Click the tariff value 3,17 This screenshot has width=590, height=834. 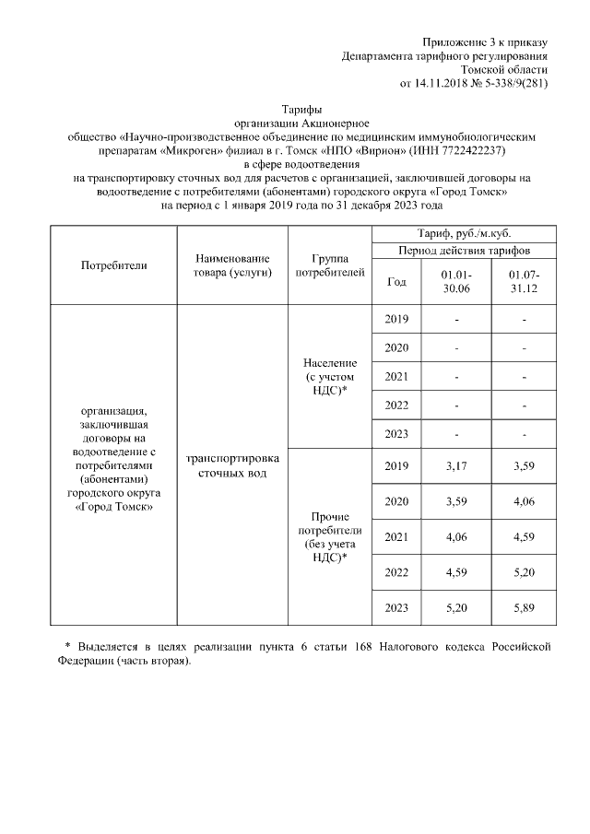(455, 468)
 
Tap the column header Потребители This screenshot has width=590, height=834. (114, 265)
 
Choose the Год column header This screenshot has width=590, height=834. (395, 282)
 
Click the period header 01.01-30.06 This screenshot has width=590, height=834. (456, 282)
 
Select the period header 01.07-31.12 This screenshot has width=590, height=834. (523, 282)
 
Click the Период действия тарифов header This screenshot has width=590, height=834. (463, 251)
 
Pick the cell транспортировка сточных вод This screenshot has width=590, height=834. (232, 465)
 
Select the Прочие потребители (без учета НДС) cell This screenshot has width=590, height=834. (329, 537)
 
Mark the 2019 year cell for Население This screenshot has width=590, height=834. (395, 320)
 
